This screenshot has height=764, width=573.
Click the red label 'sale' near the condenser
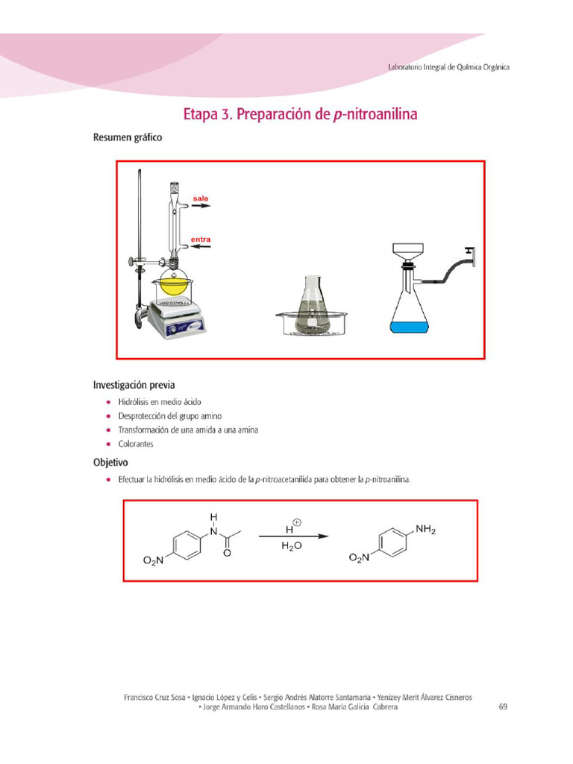200,198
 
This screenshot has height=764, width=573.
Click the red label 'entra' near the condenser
200,239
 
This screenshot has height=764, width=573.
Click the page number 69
503,707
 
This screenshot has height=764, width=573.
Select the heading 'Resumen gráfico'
127,137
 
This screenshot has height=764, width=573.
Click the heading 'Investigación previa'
134,385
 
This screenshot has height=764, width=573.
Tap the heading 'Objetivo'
110,463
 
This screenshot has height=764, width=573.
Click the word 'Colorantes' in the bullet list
136,444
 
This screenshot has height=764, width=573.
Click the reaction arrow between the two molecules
293,536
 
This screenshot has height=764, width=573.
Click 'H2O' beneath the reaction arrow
291,546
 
